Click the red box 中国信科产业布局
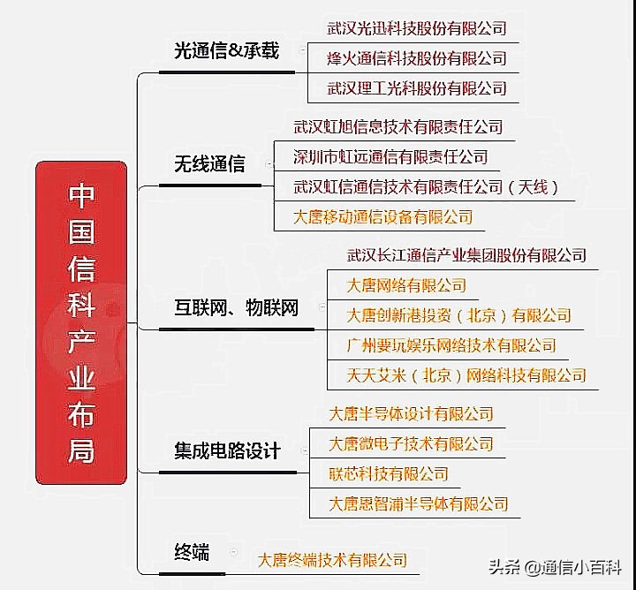coord(81,322)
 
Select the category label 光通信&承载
coord(226,51)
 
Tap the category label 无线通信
coord(209,164)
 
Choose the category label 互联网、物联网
coord(236,308)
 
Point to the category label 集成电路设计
coord(227,451)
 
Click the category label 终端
coord(192,553)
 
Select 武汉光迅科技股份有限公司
coord(417,28)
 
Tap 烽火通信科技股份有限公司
coord(417,58)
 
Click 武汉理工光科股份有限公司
coord(417,88)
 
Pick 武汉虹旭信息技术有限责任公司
coord(397,127)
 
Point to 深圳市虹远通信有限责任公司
coord(390,157)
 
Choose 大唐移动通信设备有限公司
coord(383,216)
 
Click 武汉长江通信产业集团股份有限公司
coord(466,255)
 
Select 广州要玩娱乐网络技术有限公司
coord(451,345)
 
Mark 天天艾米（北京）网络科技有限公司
coord(466,375)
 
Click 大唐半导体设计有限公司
coord(411,413)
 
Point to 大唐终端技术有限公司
coord(332,559)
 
